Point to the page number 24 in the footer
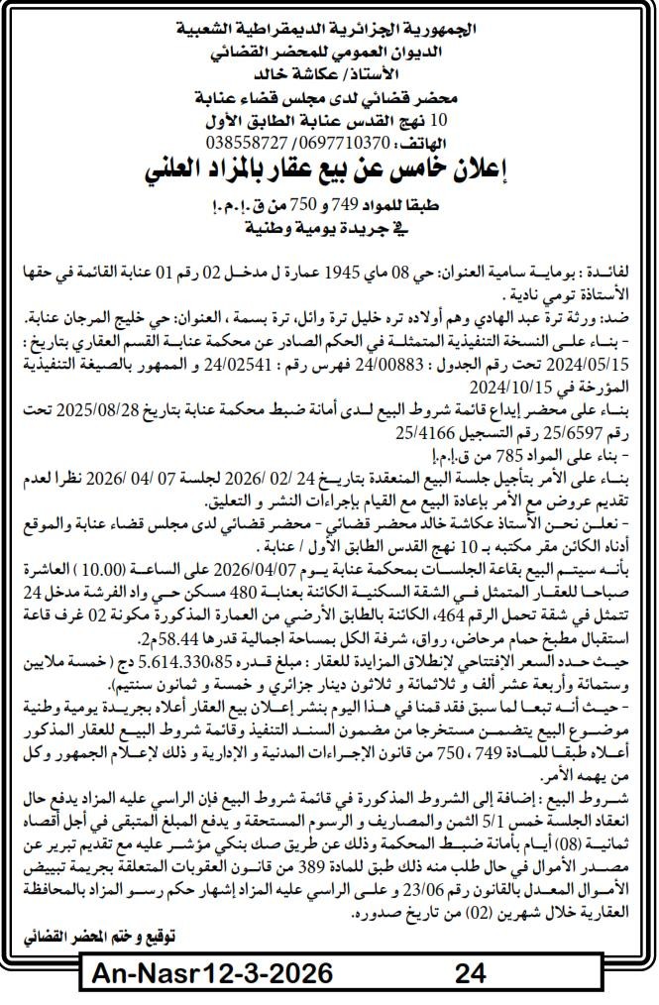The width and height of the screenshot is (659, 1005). [468, 974]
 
